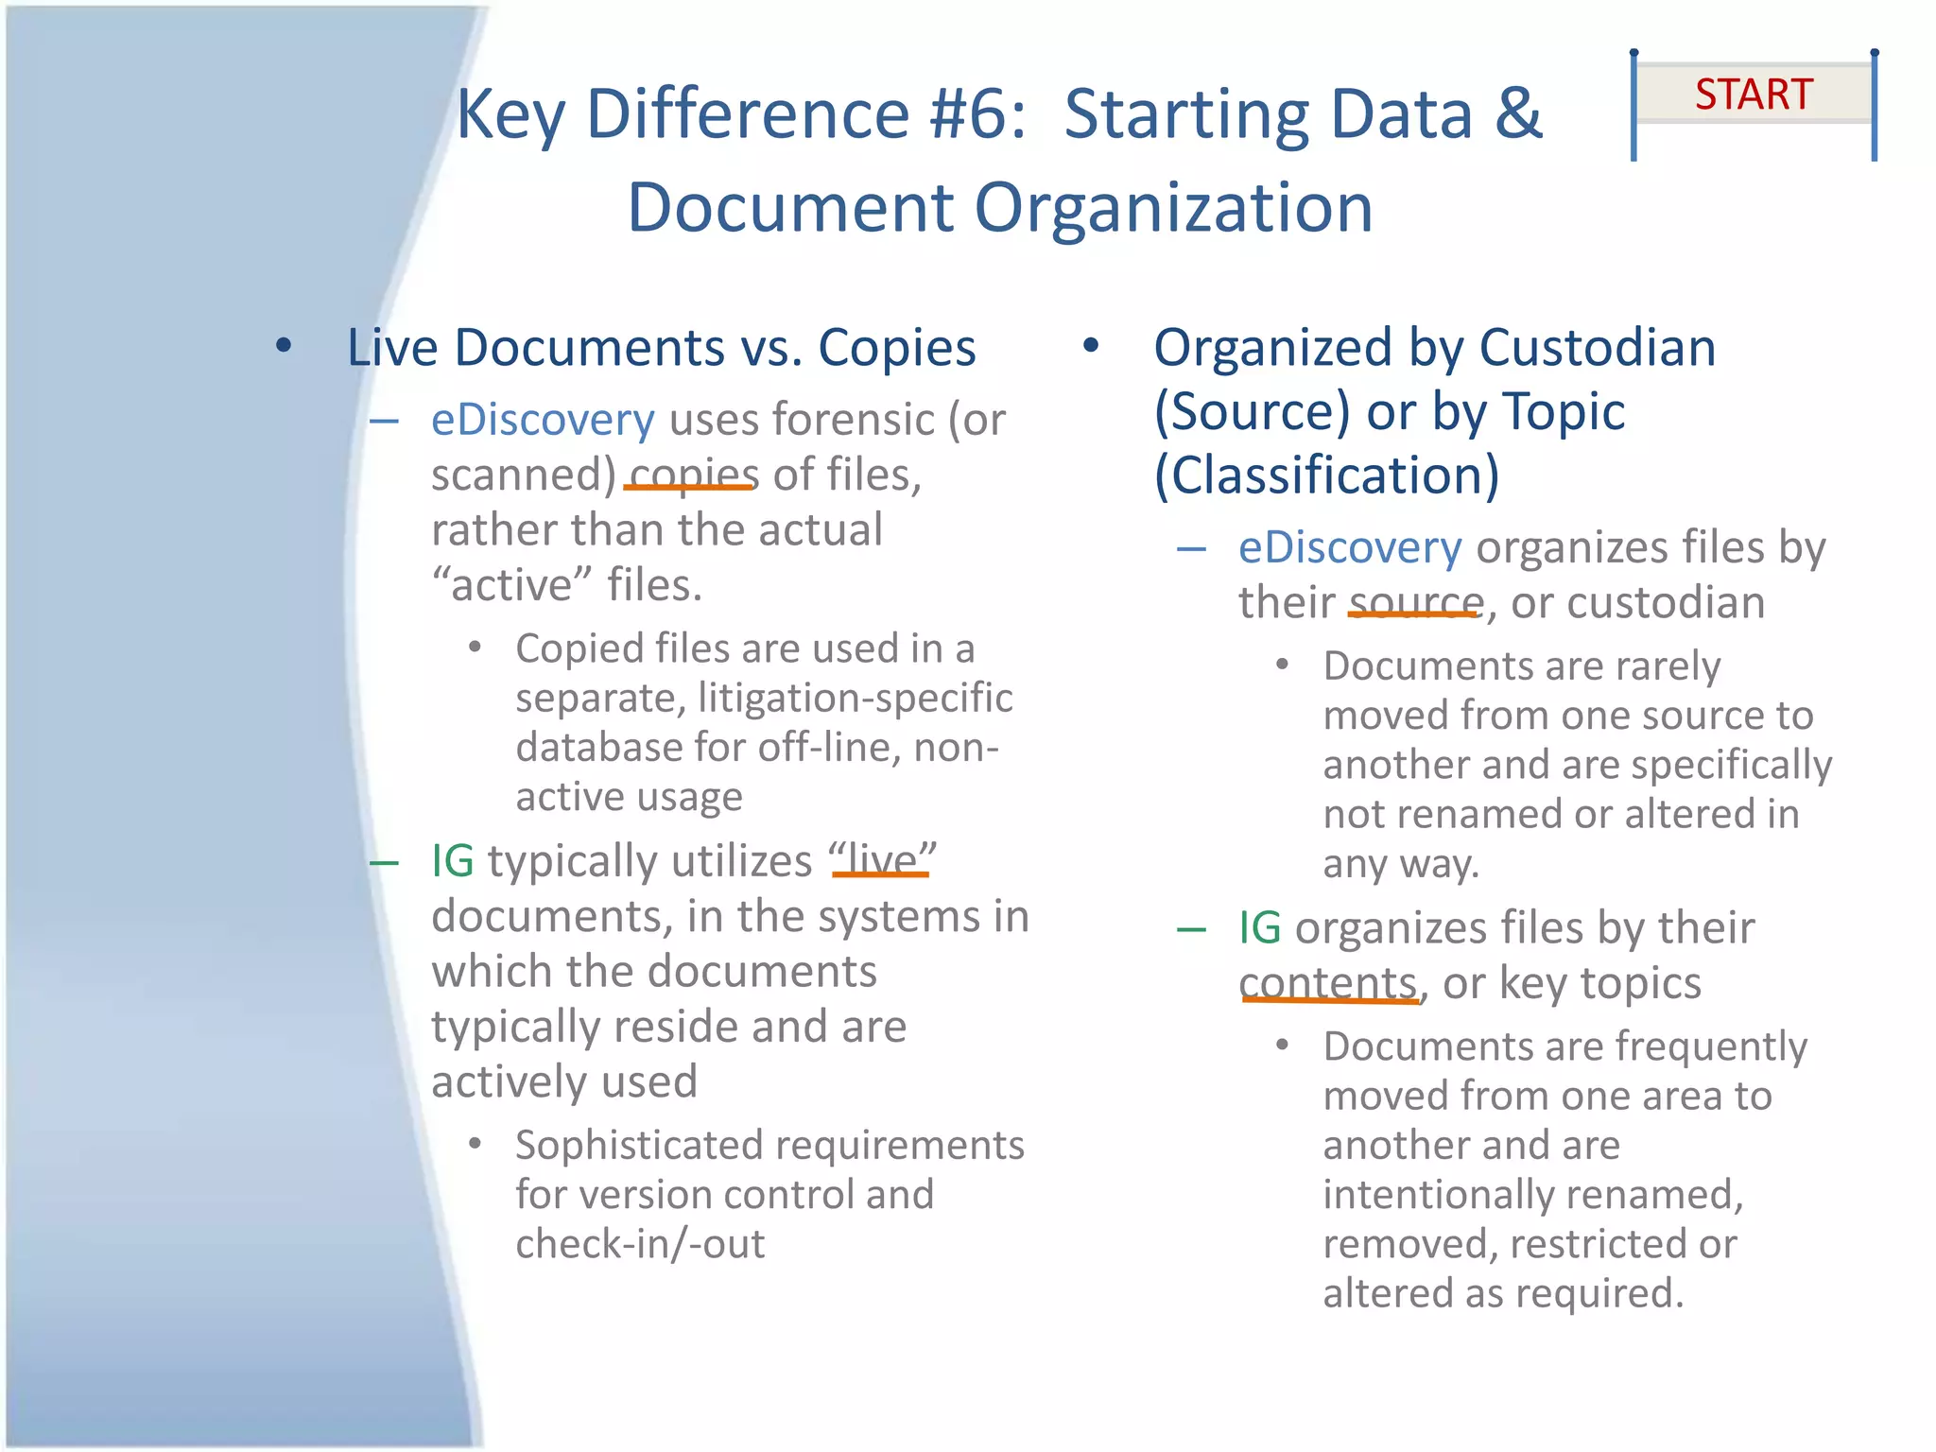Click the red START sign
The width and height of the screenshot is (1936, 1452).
click(x=1754, y=95)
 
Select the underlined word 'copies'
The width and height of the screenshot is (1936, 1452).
click(x=694, y=475)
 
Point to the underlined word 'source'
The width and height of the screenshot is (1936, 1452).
click(x=1415, y=602)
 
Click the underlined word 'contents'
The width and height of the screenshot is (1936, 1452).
click(x=1328, y=983)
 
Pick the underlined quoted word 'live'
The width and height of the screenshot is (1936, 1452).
click(x=882, y=861)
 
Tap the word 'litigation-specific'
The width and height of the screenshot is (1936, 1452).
click(x=855, y=699)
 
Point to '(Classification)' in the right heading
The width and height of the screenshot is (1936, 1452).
click(x=1326, y=475)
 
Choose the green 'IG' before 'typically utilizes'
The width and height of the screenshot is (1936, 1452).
click(x=452, y=861)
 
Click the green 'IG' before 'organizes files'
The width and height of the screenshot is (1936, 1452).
click(x=1260, y=928)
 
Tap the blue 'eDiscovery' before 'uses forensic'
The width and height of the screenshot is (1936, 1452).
click(x=543, y=420)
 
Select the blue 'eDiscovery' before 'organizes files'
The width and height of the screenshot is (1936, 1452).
click(x=1350, y=548)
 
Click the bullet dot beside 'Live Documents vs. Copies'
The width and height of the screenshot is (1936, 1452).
click(x=284, y=346)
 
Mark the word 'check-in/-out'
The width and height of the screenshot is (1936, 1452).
click(x=640, y=1244)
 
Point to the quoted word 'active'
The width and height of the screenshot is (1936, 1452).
click(x=511, y=585)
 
